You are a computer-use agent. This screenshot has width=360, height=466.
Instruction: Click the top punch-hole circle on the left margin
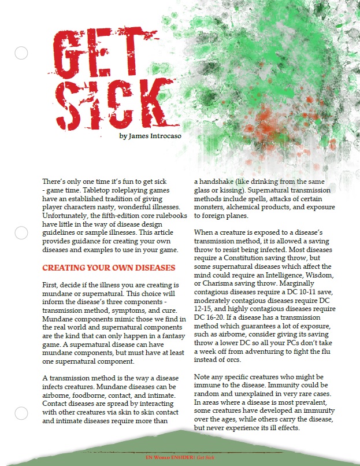(21, 54)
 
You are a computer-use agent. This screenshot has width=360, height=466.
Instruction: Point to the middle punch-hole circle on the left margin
(21, 233)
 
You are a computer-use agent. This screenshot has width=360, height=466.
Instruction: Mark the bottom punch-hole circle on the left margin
(21, 413)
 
